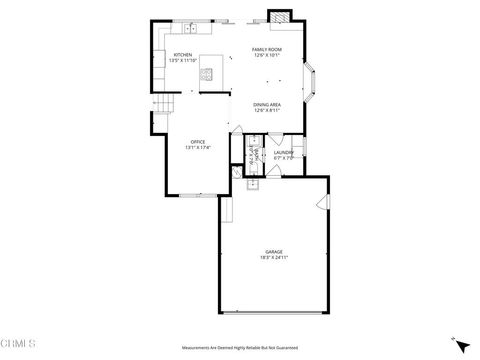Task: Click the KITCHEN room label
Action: click(183, 55)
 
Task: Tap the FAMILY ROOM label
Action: click(266, 49)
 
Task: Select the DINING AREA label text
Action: click(266, 105)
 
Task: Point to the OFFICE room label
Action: click(198, 142)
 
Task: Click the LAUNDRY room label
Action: click(284, 152)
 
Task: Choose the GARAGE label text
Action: click(273, 252)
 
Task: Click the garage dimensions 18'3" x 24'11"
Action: click(273, 258)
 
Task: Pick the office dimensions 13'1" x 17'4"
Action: click(198, 148)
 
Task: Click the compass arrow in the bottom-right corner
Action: click(460, 346)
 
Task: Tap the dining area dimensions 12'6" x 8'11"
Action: click(266, 111)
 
